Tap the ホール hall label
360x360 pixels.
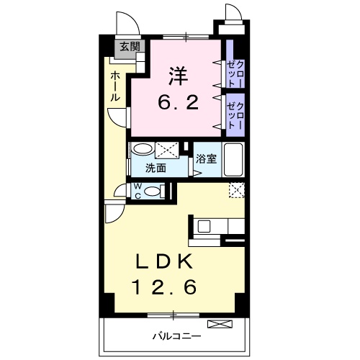pos(115,85)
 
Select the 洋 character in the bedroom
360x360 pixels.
pos(179,75)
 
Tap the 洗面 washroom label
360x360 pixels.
pos(156,168)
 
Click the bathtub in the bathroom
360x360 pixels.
pos(234,158)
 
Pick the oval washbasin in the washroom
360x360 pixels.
pos(143,150)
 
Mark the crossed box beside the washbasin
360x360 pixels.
pos(168,150)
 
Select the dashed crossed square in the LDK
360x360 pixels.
pos(237,189)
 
